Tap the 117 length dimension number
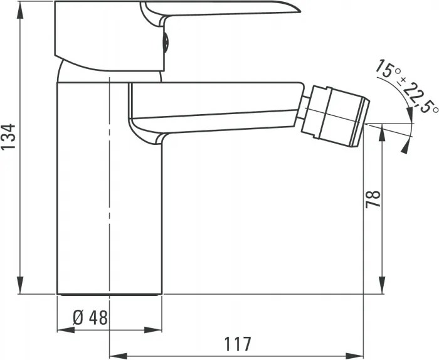[238, 344]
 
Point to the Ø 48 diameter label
[90, 318]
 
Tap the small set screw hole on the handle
[166, 43]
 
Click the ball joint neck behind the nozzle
[304, 112]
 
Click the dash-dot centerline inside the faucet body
[110, 188]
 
